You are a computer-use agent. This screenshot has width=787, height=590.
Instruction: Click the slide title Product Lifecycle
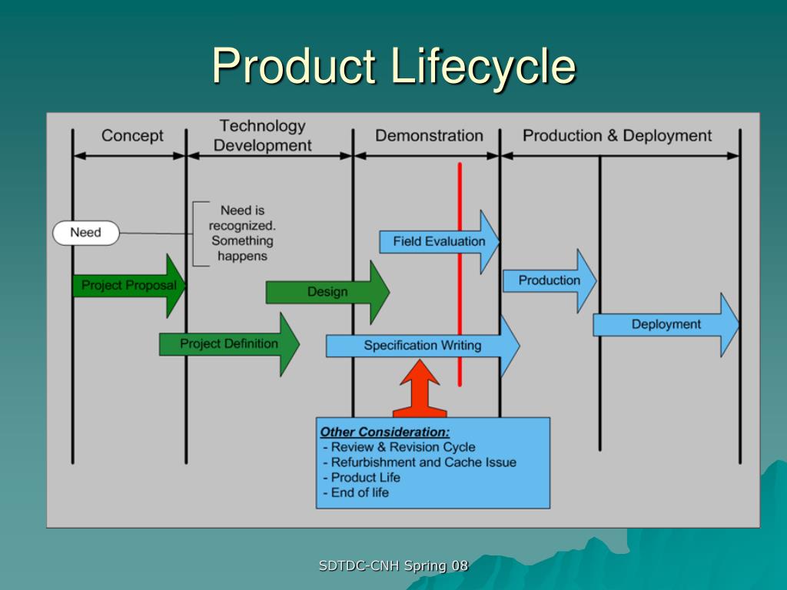tap(393, 66)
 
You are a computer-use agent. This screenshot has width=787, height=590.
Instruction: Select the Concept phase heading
tap(132, 136)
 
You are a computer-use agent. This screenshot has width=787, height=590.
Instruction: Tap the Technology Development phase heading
tap(263, 136)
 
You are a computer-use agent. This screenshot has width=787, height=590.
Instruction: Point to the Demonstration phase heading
tap(429, 136)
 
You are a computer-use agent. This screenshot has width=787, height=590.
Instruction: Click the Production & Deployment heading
tap(617, 136)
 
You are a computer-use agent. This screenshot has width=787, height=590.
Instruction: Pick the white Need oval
tap(86, 233)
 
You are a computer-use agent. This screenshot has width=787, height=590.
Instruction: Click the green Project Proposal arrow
tap(129, 286)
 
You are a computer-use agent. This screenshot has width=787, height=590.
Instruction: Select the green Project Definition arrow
tap(229, 344)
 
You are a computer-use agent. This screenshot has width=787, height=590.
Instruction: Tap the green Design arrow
tap(328, 292)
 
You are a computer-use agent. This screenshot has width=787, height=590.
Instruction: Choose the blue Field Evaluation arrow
tap(439, 241)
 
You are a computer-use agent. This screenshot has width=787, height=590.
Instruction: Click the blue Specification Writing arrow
tap(422, 346)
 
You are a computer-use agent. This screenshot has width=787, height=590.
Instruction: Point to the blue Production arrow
tap(549, 280)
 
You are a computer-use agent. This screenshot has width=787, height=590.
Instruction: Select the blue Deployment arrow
tap(666, 324)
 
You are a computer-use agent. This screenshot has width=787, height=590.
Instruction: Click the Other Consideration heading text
tap(385, 432)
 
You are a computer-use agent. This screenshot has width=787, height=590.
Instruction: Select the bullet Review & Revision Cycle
tap(403, 447)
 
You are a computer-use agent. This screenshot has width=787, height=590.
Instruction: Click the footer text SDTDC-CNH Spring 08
tap(393, 566)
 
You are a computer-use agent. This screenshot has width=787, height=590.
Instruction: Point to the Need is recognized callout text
tap(242, 233)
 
